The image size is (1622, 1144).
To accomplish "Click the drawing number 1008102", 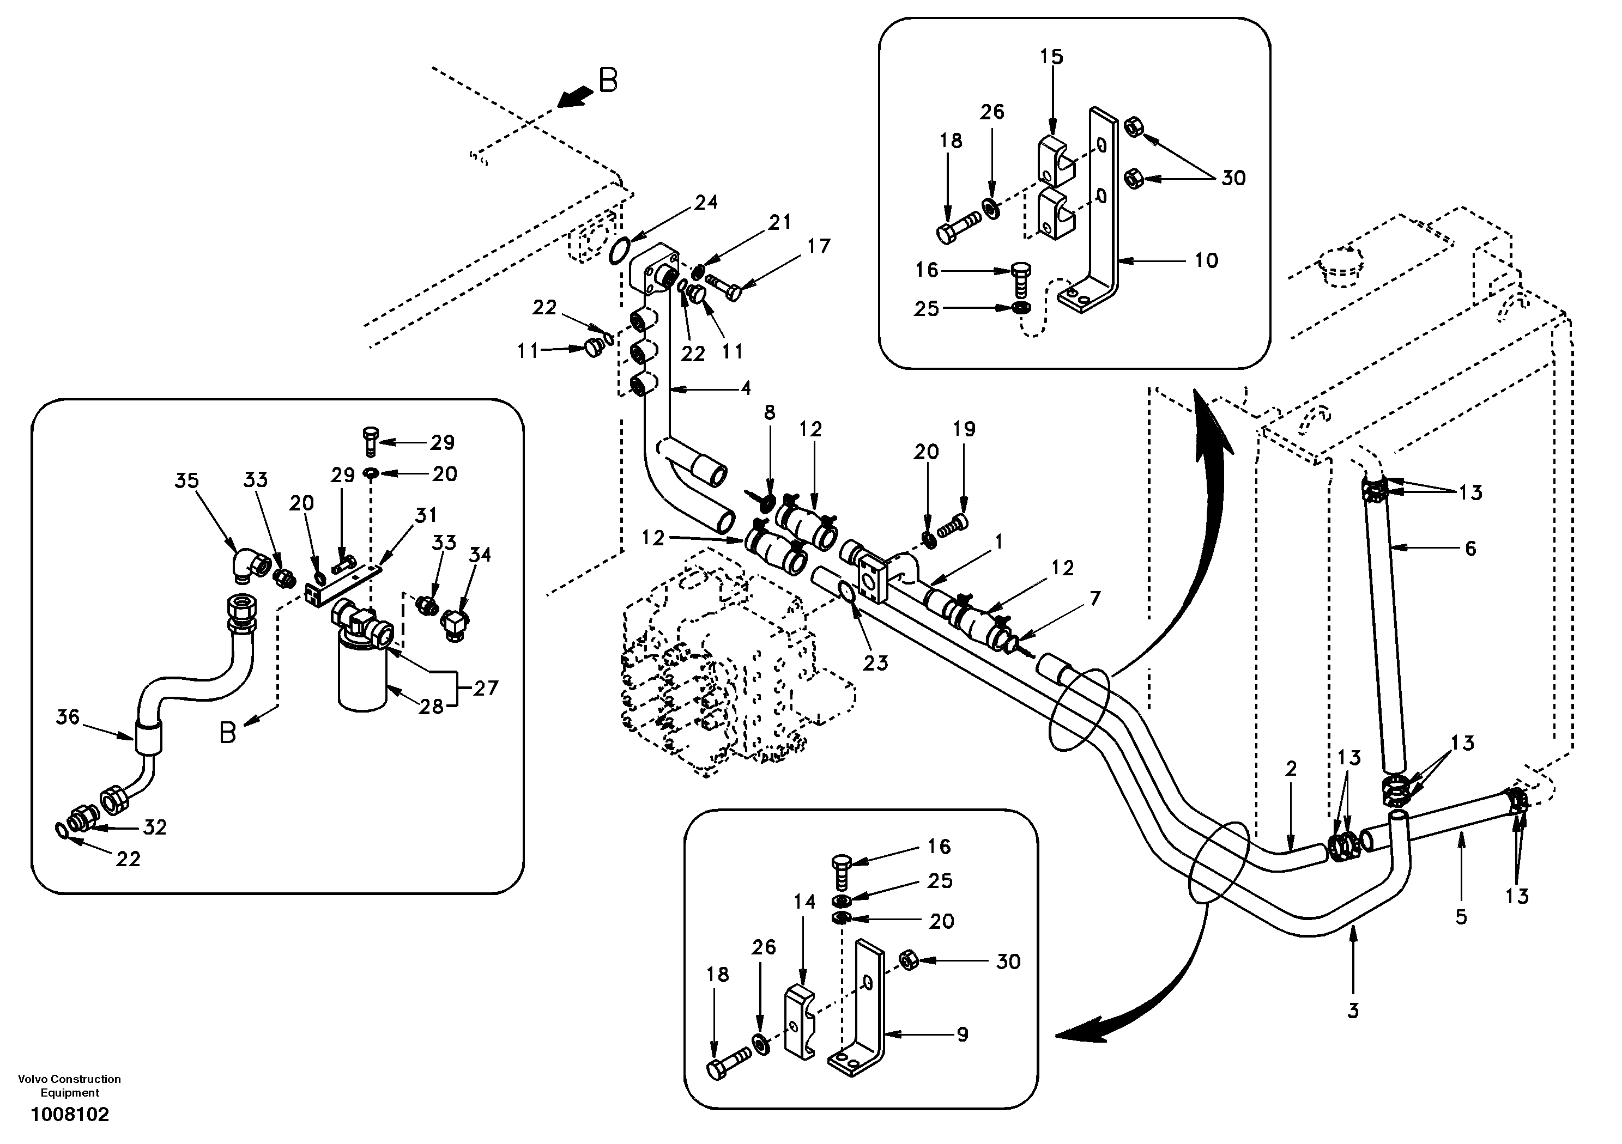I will coord(70,1115).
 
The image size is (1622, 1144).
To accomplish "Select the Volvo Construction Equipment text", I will coord(70,1085).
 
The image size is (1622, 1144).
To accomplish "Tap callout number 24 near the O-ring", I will coord(706,203).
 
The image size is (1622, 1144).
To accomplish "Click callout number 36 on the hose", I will coord(68,717).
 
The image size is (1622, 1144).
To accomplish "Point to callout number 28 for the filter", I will coord(431,705).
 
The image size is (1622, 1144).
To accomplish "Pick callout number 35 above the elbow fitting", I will coord(187,481).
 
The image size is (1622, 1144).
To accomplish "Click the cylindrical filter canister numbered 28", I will coord(362,671).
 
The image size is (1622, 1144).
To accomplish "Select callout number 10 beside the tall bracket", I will coord(1207,260).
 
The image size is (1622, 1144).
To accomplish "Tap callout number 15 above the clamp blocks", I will coord(1051,57).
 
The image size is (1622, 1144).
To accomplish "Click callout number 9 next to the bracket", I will coord(962,1035).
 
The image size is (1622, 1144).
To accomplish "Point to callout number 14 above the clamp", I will coord(804,902).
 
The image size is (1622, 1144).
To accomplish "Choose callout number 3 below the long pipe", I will coord(1353,1011).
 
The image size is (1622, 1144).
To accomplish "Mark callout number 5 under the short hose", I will coord(1461,917).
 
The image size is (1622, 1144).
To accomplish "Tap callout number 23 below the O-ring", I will coord(875,662).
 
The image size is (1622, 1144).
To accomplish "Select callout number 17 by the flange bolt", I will coord(819,246).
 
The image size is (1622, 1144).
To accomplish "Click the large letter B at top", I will coord(608,81).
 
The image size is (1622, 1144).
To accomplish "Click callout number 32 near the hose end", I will coord(155,827).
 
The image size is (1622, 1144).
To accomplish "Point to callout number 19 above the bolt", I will coord(964,429).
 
